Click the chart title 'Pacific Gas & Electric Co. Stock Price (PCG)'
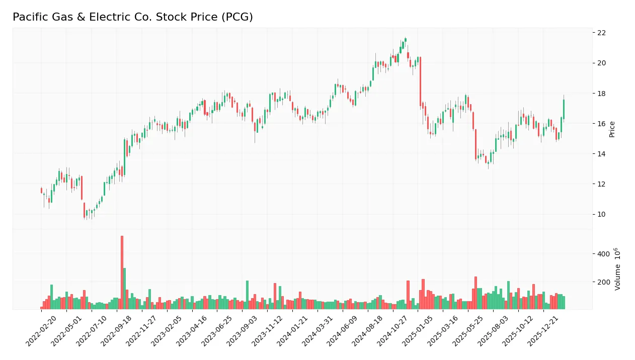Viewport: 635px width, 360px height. pyautogui.click(x=132, y=17)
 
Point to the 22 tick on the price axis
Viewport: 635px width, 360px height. pyautogui.click(x=601, y=33)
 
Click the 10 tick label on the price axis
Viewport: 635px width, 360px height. pyautogui.click(x=601, y=215)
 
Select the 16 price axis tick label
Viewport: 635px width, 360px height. pyautogui.click(x=601, y=124)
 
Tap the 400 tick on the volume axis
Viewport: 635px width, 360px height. pyautogui.click(x=603, y=254)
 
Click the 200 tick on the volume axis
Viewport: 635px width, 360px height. pyautogui.click(x=603, y=282)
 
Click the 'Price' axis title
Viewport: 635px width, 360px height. pyautogui.click(x=612, y=129)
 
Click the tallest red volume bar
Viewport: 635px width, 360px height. pyautogui.click(x=122, y=272)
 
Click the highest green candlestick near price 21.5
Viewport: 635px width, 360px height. pyautogui.click(x=406, y=39)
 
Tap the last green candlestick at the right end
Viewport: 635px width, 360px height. pyautogui.click(x=564, y=109)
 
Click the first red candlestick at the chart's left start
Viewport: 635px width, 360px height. pyautogui.click(x=41, y=191)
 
